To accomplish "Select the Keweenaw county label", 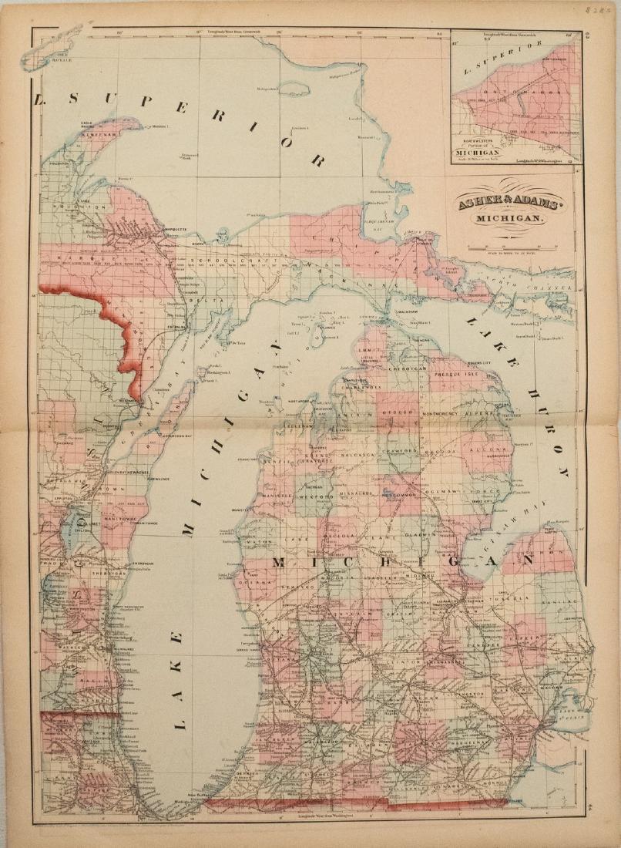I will [102, 133].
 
